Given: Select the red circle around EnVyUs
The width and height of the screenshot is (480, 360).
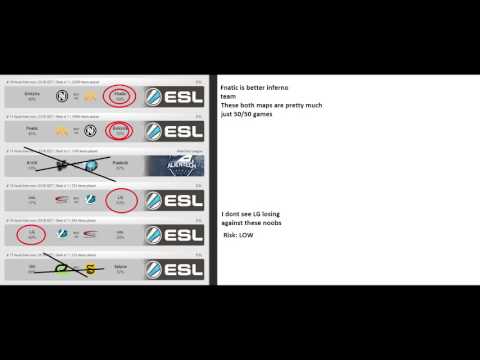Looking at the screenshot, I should pyautogui.click(x=121, y=130).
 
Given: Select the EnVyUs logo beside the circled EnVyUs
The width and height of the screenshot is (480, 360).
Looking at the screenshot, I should pyautogui.click(x=90, y=131).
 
